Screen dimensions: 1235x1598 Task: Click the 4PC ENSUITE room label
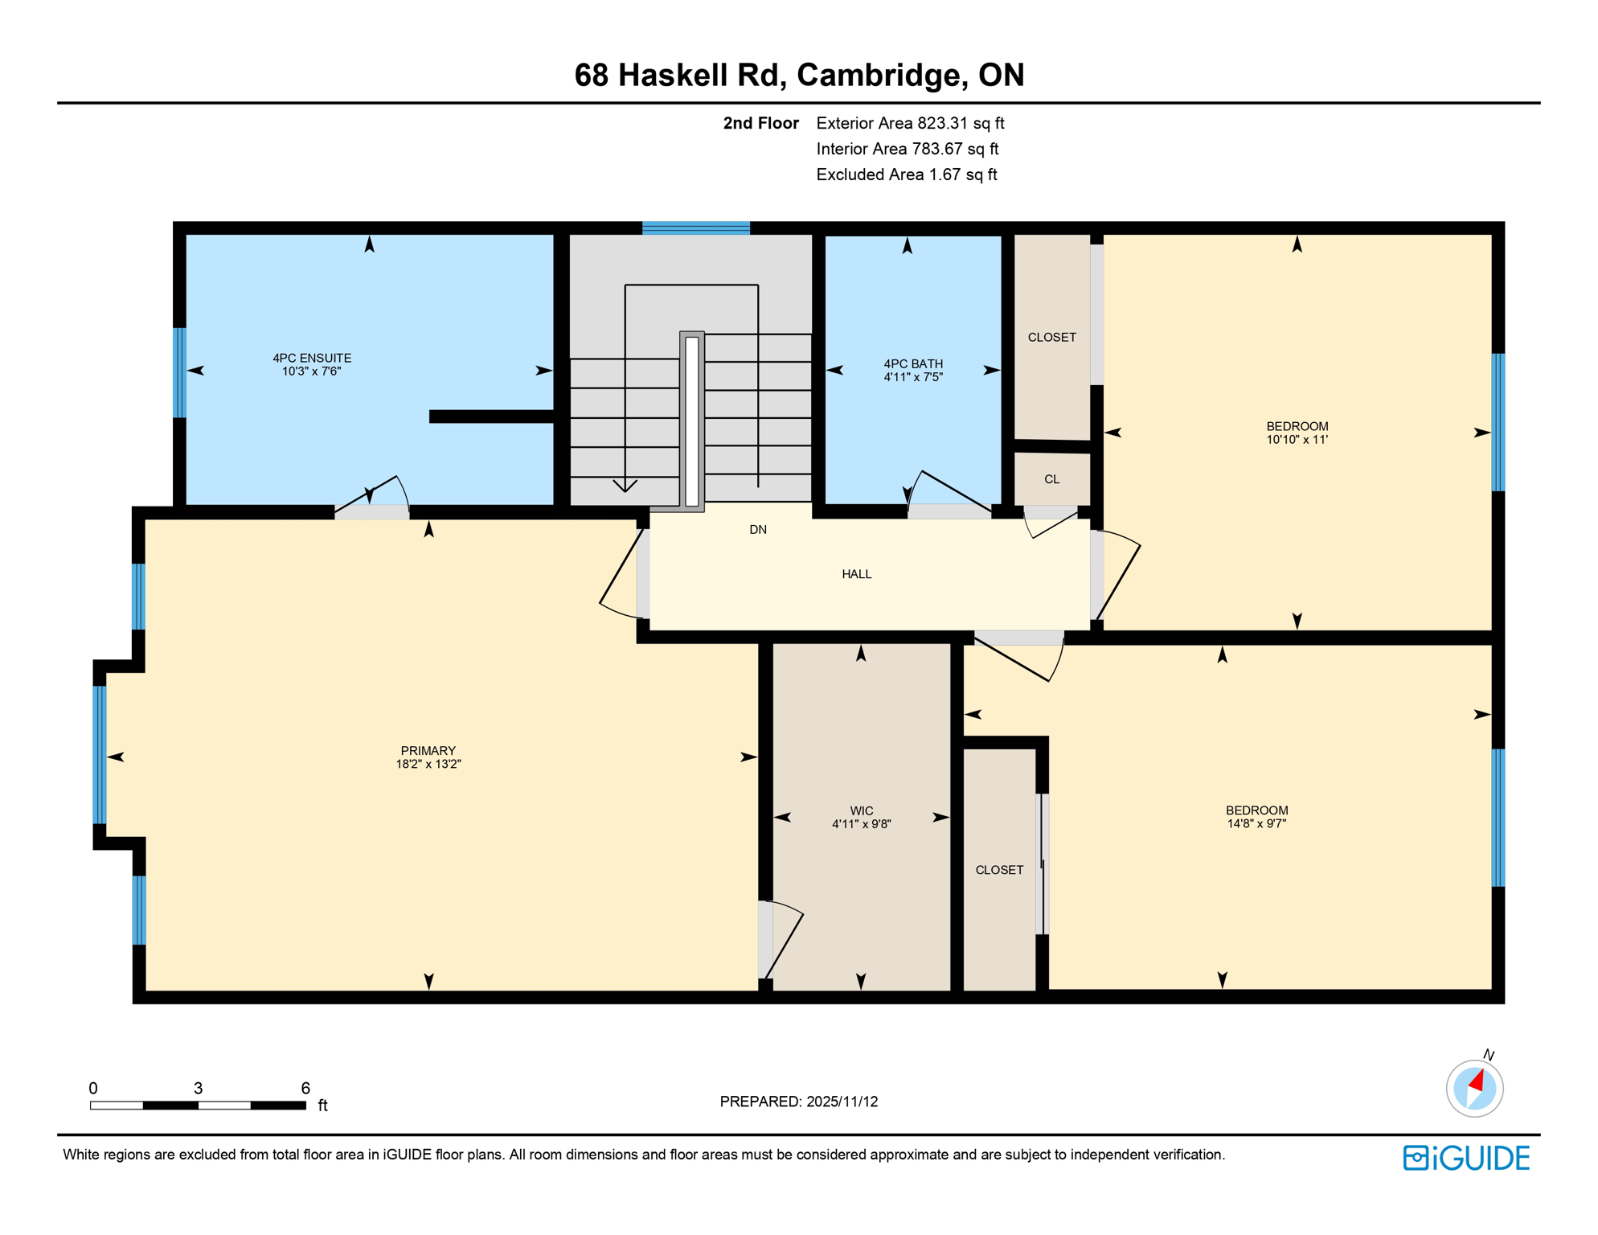click(312, 358)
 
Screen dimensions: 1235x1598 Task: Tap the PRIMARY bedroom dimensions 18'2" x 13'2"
click(428, 764)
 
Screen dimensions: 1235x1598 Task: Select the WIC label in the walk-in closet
click(861, 810)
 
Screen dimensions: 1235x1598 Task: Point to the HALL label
click(856, 574)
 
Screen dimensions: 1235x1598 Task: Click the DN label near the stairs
click(757, 529)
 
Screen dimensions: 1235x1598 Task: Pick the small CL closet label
click(1051, 479)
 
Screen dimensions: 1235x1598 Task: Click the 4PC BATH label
click(912, 363)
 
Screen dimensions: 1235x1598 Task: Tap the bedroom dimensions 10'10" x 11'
click(1297, 440)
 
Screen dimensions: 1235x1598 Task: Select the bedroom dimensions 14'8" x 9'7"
click(1256, 823)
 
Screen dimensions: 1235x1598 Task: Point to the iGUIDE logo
click(1466, 1158)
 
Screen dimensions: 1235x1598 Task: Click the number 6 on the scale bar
click(305, 1088)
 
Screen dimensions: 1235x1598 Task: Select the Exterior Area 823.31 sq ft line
click(910, 123)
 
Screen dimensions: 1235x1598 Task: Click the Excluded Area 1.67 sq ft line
click(906, 174)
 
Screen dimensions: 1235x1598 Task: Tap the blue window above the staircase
click(695, 228)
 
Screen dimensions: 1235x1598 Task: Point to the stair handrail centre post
click(691, 421)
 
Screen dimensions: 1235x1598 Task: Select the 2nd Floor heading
click(760, 123)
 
